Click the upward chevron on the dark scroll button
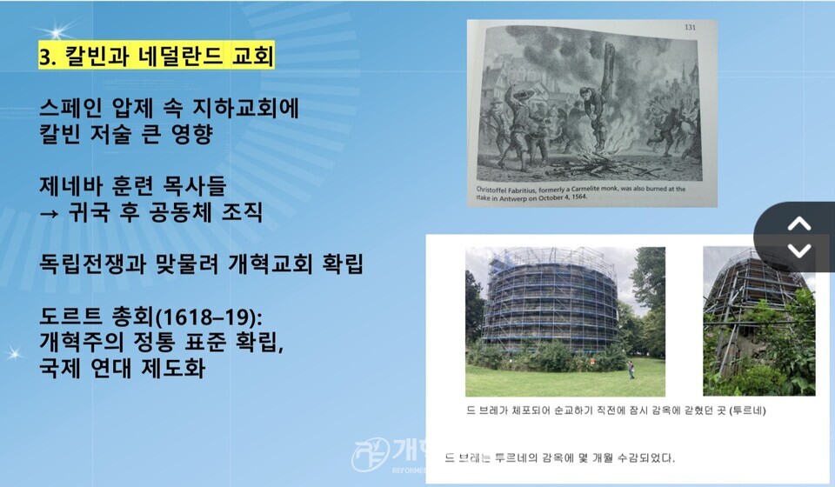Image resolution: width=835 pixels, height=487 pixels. pyautogui.click(x=798, y=223)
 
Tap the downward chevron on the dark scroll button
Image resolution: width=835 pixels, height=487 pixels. pyautogui.click(x=798, y=250)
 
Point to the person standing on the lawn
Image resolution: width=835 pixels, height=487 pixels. pyautogui.click(x=631, y=375)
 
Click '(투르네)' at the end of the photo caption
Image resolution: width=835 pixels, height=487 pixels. pyautogui.click(x=746, y=409)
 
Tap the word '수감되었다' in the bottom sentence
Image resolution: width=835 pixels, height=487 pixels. pyautogui.click(x=640, y=457)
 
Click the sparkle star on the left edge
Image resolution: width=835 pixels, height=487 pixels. pyautogui.click(x=14, y=351)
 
